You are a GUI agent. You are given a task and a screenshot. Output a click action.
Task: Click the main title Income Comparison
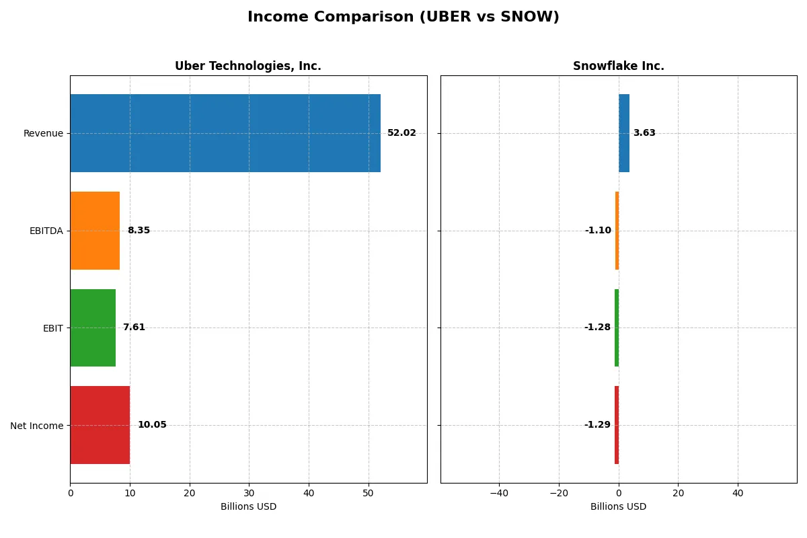[403, 17]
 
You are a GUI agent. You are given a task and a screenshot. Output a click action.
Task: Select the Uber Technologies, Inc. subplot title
[248, 66]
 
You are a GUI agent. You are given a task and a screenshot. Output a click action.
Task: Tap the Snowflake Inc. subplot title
[618, 66]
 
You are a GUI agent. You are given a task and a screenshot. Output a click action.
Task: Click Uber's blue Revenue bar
[225, 133]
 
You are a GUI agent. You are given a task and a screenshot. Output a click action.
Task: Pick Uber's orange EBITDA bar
[95, 231]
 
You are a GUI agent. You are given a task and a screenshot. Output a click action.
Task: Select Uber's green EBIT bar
[93, 328]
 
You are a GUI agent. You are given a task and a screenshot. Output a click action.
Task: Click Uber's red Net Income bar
[100, 425]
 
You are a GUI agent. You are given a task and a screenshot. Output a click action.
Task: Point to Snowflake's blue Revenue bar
[624, 133]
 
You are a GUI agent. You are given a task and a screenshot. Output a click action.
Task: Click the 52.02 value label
[401, 133]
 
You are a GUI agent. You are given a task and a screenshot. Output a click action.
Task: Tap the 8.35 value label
[139, 231]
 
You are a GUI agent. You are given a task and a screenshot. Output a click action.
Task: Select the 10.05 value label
[152, 425]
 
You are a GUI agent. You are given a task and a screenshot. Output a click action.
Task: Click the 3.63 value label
[644, 133]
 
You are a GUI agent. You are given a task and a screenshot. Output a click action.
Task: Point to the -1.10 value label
[598, 231]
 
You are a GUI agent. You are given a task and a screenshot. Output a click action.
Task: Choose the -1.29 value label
[597, 425]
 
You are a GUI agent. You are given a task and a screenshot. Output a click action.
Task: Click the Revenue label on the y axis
[43, 133]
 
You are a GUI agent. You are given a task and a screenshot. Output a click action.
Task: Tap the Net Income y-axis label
[37, 425]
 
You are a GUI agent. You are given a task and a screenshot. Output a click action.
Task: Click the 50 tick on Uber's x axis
[368, 493]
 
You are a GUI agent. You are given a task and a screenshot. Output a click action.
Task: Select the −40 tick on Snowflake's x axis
[499, 493]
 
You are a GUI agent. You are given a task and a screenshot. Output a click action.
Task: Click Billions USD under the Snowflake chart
[618, 506]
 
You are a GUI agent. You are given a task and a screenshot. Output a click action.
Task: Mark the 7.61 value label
[134, 328]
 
